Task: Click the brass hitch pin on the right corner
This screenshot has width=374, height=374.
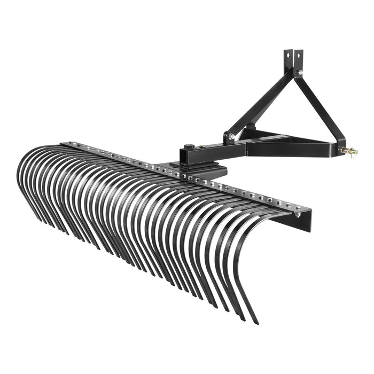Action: [353, 152]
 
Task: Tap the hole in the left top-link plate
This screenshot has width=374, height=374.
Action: [287, 56]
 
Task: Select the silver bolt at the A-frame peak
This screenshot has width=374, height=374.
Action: [300, 72]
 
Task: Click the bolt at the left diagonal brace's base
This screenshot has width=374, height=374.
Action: [231, 137]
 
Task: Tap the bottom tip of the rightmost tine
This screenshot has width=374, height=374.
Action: [257, 323]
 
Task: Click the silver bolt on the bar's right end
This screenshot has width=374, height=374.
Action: [297, 214]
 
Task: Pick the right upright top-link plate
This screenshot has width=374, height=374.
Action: [298, 61]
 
